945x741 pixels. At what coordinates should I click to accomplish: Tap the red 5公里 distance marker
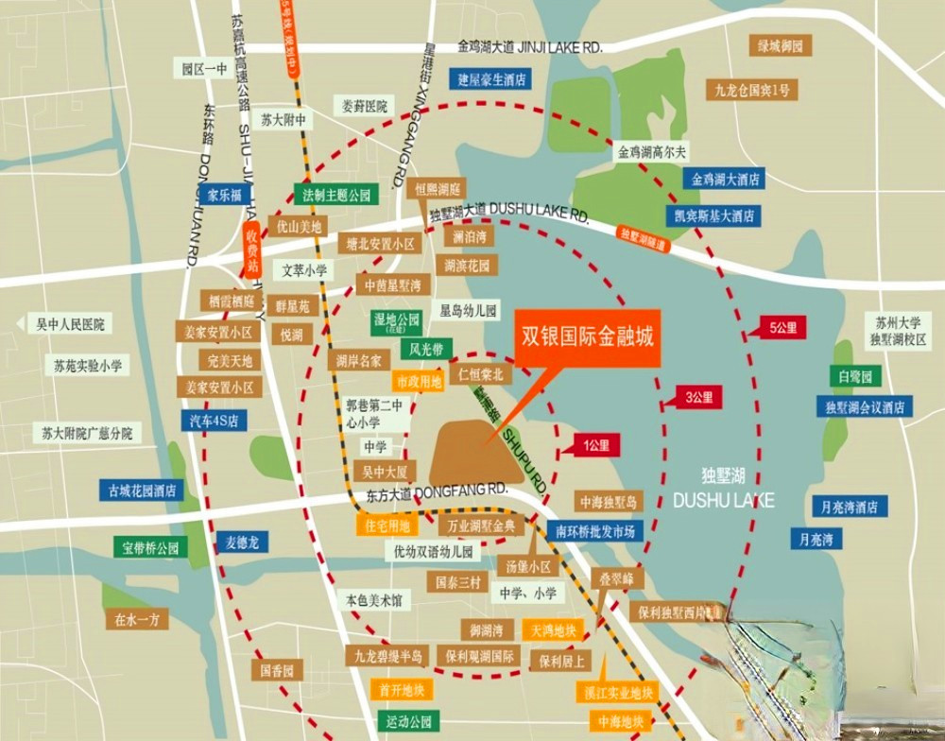tap(784, 328)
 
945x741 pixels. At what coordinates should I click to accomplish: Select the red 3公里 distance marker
tap(696, 397)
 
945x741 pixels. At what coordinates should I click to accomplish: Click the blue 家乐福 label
tap(225, 195)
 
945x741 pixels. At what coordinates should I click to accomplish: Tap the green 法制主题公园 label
tap(336, 196)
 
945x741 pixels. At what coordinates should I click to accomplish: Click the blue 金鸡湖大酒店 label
tap(726, 179)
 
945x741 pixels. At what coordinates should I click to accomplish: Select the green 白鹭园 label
tap(854, 376)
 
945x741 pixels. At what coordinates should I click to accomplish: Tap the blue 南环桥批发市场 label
tap(594, 530)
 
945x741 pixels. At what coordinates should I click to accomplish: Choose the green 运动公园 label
tap(407, 721)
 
